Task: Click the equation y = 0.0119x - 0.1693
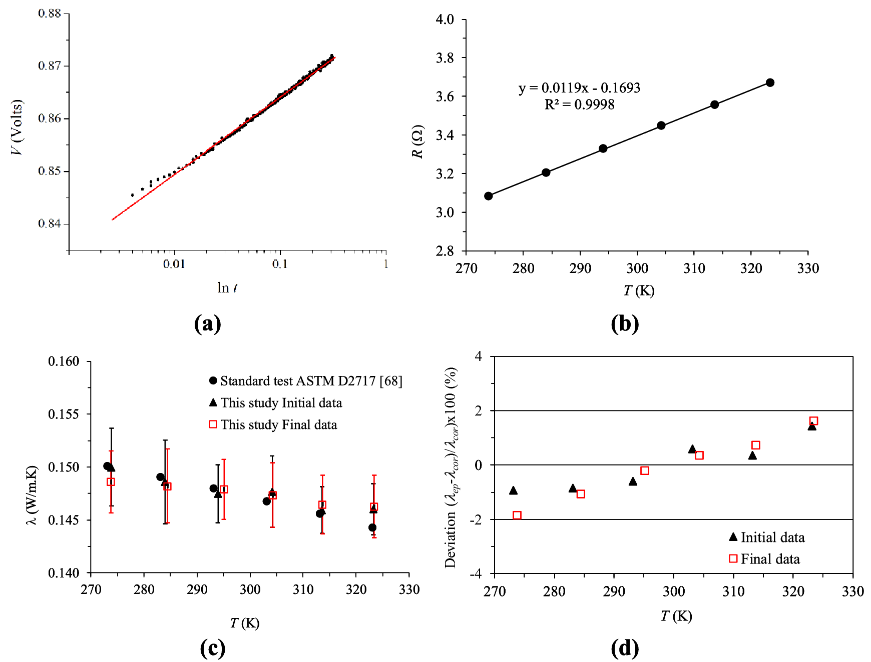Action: click(x=579, y=88)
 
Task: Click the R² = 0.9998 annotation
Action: click(x=579, y=104)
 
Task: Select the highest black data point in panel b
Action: click(x=770, y=82)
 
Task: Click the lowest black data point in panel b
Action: click(x=489, y=196)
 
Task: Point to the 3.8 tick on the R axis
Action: click(x=445, y=58)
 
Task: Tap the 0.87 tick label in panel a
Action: click(x=49, y=66)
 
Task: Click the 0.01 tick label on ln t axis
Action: click(x=174, y=264)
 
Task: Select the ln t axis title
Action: click(x=227, y=287)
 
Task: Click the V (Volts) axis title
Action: click(x=17, y=127)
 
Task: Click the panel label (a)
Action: click(x=207, y=323)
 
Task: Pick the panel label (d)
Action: click(x=625, y=648)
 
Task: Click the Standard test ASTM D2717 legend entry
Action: click(x=305, y=381)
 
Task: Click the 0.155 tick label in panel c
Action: click(x=64, y=414)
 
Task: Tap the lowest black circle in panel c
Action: click(x=372, y=527)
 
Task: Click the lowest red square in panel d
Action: click(x=517, y=515)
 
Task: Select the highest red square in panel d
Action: click(x=813, y=421)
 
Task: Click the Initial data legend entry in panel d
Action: click(x=767, y=537)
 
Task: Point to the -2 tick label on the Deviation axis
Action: click(x=476, y=520)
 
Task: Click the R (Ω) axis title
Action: click(x=417, y=141)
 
